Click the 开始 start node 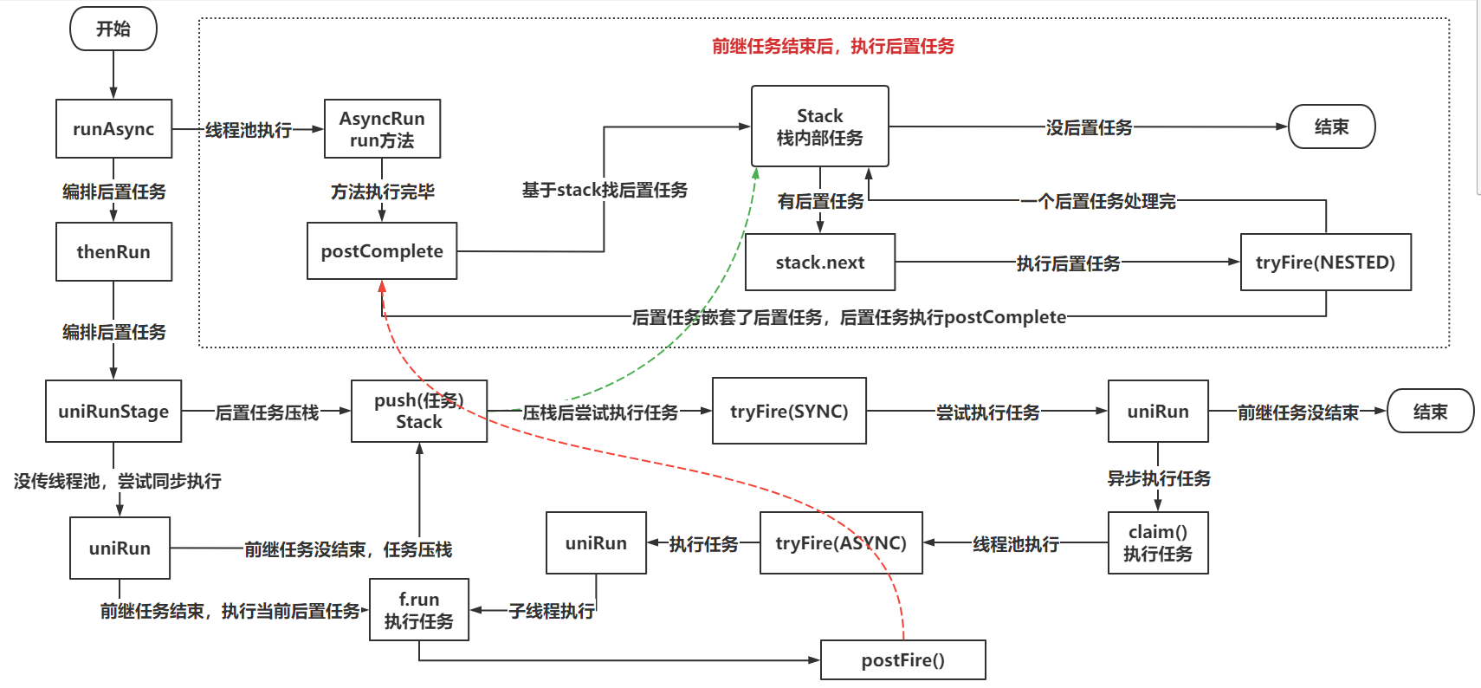coord(113,29)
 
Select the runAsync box coord(113,129)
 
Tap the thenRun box coord(113,252)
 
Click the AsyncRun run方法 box coord(382,129)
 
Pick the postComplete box coord(382,251)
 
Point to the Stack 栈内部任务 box coord(819,127)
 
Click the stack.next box coord(819,263)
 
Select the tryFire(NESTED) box coord(1325,263)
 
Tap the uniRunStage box coord(113,412)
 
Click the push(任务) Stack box coord(419,412)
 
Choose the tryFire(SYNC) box coord(789,412)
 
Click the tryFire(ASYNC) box coord(841,543)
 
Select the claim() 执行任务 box coord(1158,543)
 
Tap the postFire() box coord(902,660)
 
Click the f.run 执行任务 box coord(419,610)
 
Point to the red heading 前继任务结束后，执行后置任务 coord(832,46)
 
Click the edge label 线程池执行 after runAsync coord(249,130)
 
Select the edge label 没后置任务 coord(1089,127)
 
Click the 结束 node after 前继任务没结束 coord(1430,412)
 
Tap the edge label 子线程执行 coord(552,611)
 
